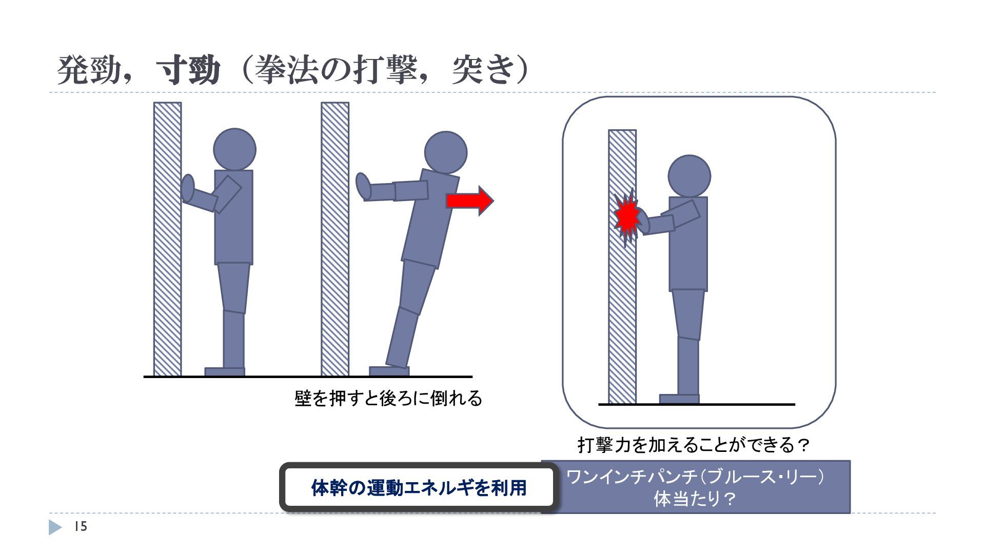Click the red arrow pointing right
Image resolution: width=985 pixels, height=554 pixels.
(469, 201)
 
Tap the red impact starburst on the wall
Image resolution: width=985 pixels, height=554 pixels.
(627, 218)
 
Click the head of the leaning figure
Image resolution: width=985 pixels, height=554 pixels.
(446, 152)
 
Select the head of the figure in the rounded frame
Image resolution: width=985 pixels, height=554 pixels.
(689, 176)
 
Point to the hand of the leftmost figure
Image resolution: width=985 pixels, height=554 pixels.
(188, 188)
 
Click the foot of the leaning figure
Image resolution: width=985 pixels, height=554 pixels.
(389, 371)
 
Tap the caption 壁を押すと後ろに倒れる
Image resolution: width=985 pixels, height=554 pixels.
(388, 398)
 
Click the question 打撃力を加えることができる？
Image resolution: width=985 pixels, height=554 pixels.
(693, 444)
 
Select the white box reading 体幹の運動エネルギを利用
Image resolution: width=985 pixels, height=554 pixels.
(419, 487)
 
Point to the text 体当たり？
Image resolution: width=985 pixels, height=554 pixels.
(696, 499)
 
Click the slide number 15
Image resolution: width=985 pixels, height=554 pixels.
(81, 527)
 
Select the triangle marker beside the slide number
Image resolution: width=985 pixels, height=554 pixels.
(55, 527)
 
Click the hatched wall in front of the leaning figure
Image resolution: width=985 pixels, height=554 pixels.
(335, 239)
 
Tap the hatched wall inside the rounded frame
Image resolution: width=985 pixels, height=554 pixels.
(622, 267)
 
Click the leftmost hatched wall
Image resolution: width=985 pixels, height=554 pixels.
(167, 239)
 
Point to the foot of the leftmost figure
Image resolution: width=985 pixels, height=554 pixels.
(225, 371)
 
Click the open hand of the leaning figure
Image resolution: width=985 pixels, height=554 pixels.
(363, 186)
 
